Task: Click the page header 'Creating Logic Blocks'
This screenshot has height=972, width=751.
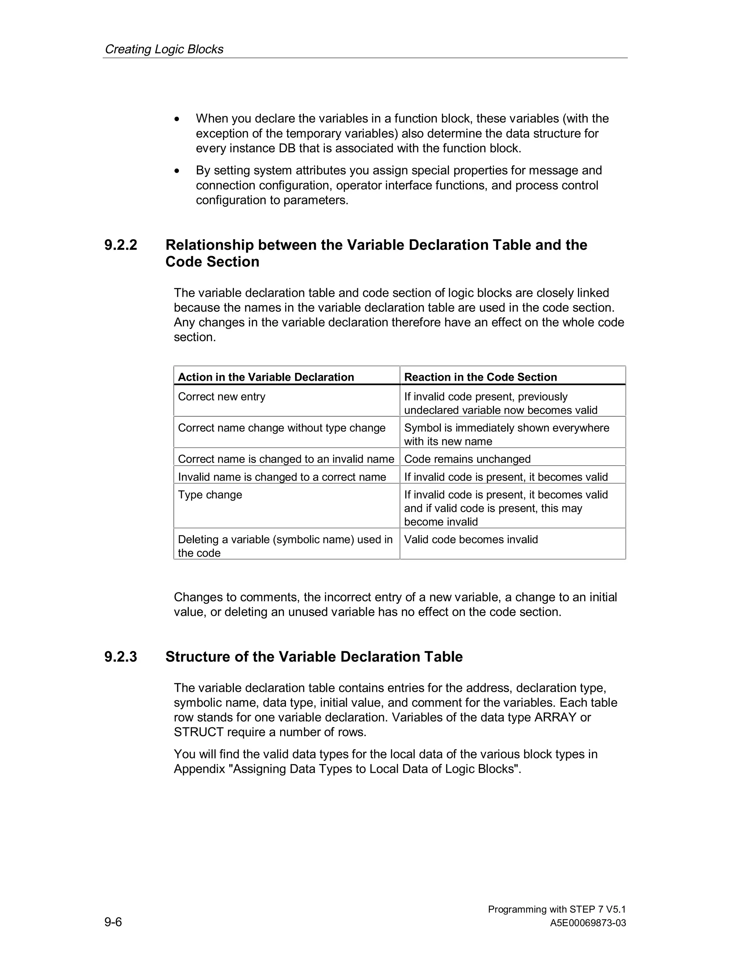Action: tap(164, 49)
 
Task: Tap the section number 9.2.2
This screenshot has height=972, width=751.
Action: tap(121, 245)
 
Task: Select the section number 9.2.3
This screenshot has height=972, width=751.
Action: tap(121, 657)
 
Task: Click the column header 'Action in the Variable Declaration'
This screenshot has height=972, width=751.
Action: tap(265, 377)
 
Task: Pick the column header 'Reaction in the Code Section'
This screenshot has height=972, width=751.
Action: tap(480, 377)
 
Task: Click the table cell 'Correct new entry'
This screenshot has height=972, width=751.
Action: tap(221, 397)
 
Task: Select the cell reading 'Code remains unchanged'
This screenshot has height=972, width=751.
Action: tap(467, 459)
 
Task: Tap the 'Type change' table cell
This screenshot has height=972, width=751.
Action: tap(210, 494)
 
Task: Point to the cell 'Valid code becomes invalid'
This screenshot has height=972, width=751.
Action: tap(471, 540)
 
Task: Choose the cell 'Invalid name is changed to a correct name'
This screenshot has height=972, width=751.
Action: tap(282, 477)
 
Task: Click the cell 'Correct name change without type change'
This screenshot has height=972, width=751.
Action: tap(282, 428)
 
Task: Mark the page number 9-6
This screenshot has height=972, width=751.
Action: tap(113, 922)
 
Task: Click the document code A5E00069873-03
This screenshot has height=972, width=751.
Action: tap(588, 923)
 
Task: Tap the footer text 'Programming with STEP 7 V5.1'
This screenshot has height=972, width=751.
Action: tap(557, 909)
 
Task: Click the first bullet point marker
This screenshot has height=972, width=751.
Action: tap(177, 119)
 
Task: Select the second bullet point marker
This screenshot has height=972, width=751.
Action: tap(177, 171)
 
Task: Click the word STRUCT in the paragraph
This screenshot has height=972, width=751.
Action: tap(198, 732)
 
